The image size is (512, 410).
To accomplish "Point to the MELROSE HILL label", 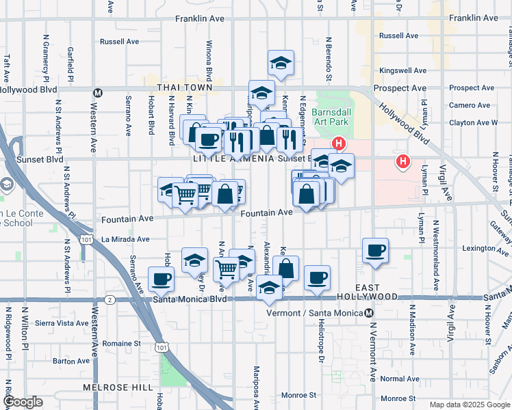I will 123,387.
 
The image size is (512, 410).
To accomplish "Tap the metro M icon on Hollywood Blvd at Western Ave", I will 98,92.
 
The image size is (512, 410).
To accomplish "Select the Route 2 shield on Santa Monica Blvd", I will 110,299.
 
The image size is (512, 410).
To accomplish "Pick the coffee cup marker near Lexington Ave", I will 374,251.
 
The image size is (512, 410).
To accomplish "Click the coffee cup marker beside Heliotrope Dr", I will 317,277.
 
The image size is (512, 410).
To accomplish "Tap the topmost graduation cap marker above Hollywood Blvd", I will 281,63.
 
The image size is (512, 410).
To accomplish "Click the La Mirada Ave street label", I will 125,239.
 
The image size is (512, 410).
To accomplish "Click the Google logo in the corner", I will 23,402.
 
